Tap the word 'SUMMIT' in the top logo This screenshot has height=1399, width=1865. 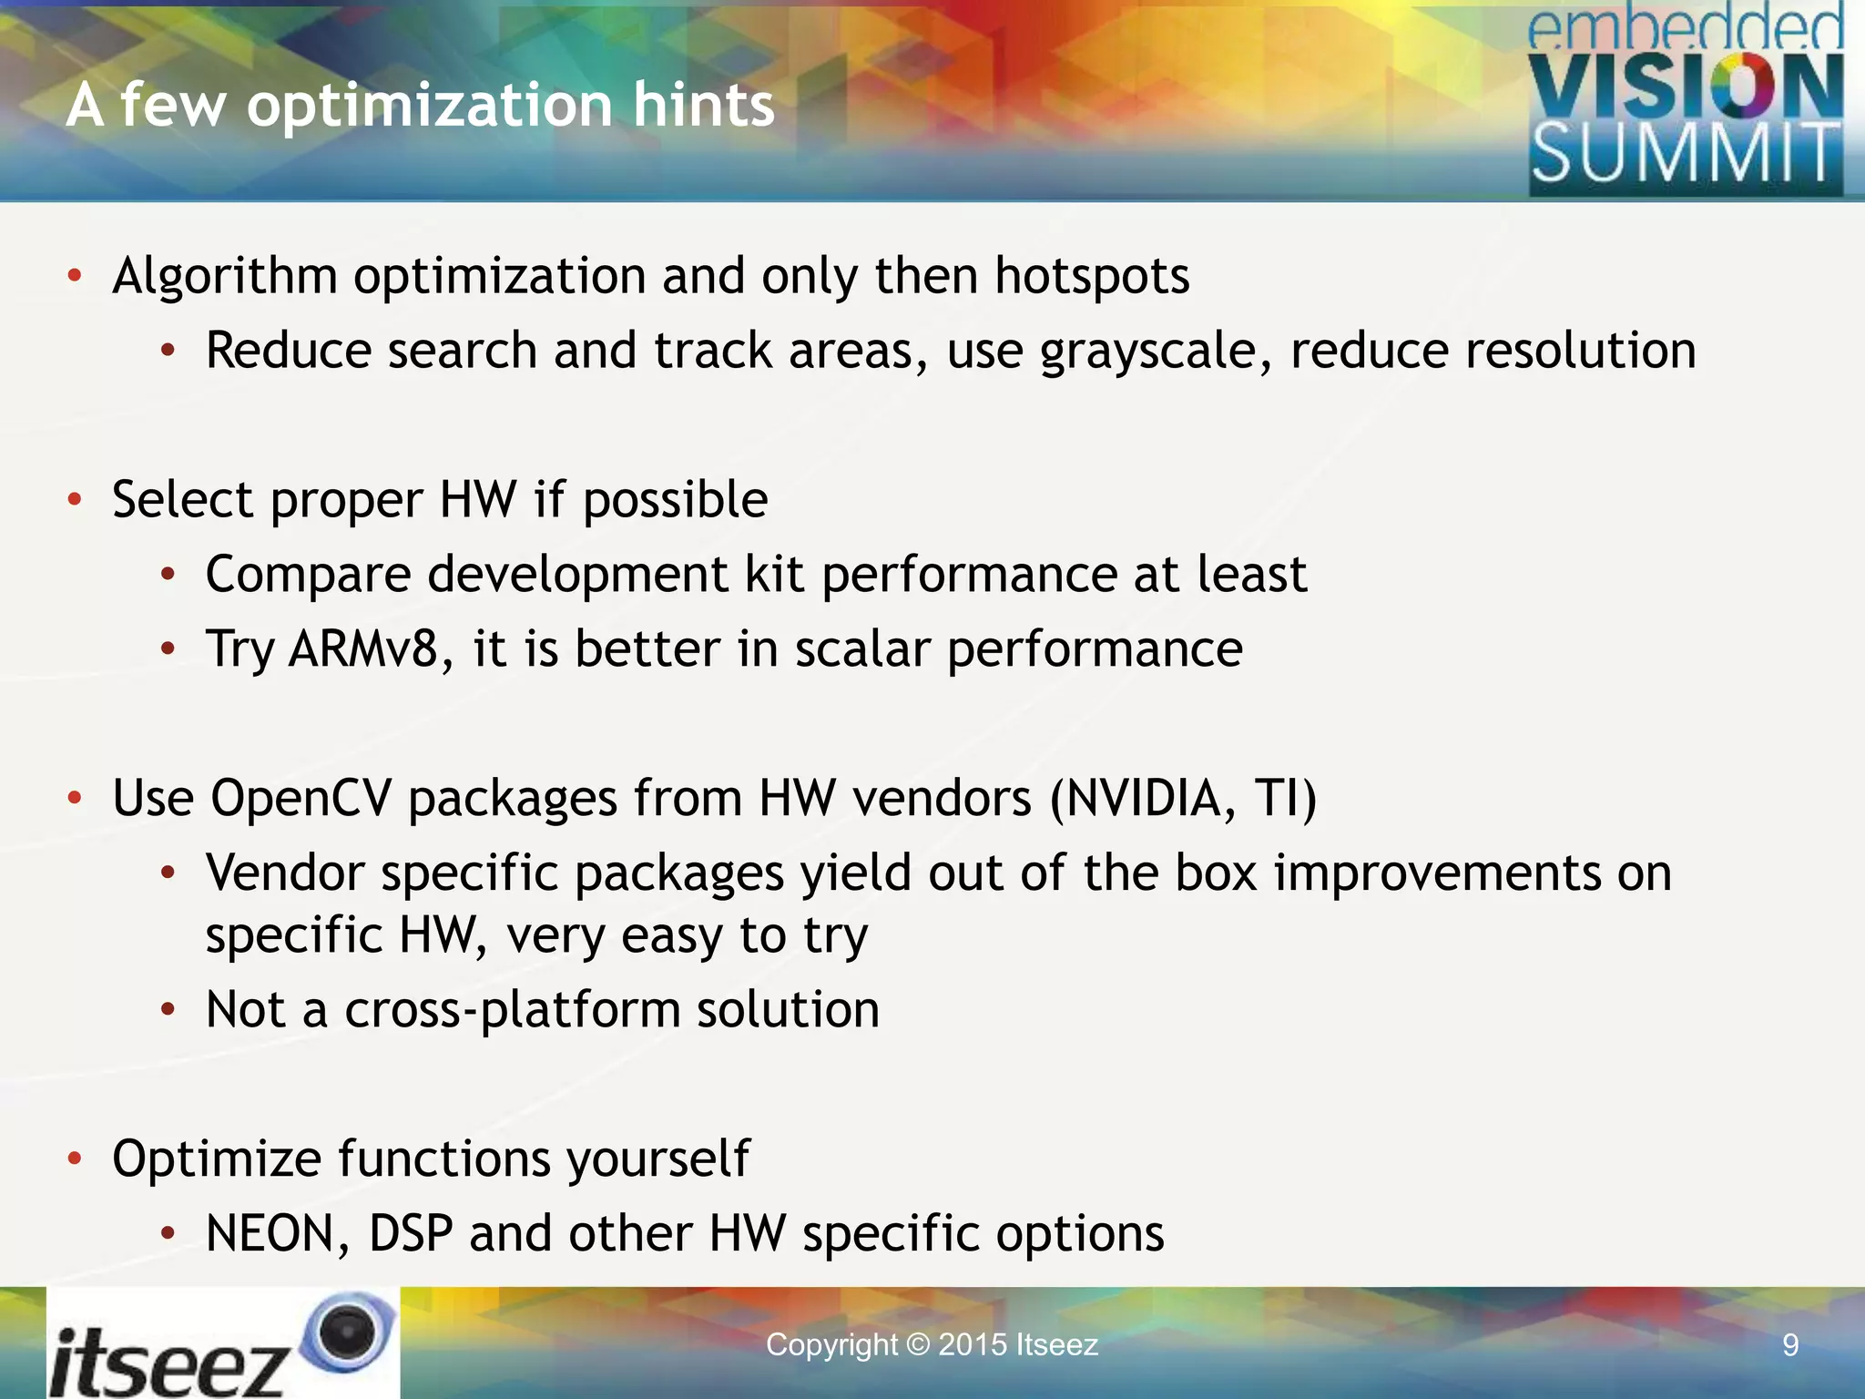(1685, 155)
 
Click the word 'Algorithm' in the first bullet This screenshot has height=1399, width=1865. (225, 276)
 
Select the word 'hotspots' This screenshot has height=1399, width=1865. (1091, 276)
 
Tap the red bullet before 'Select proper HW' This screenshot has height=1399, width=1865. (76, 499)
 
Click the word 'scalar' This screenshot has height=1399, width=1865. (861, 649)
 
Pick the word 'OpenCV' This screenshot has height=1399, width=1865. (301, 799)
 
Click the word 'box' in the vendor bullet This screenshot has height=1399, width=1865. (1216, 873)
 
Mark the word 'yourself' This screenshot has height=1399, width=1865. (657, 1160)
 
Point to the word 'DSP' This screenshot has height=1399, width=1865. (411, 1234)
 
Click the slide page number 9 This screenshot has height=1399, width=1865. (1789, 1345)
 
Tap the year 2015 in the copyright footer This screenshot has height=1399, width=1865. (972, 1345)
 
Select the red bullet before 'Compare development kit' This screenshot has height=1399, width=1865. (168, 575)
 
